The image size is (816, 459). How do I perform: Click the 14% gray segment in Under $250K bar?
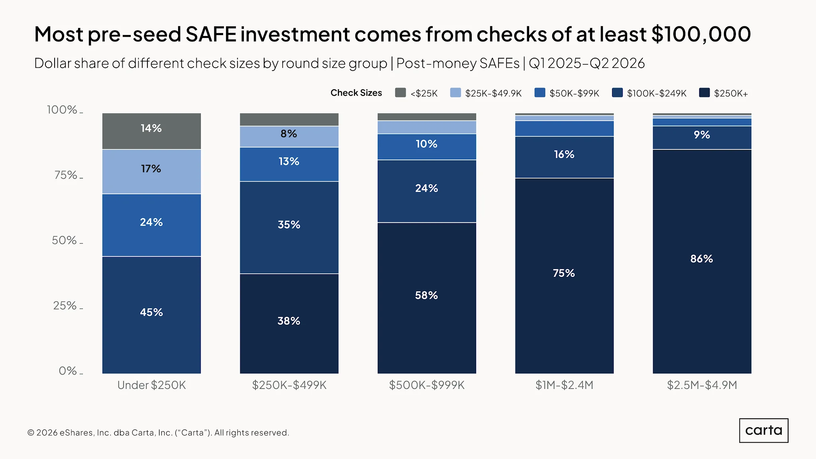click(x=151, y=131)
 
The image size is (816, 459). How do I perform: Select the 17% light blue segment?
click(x=151, y=172)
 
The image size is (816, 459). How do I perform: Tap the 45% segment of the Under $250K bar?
click(x=151, y=315)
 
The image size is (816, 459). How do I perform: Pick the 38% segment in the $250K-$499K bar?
click(x=289, y=324)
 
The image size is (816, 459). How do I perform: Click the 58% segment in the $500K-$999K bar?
click(x=427, y=298)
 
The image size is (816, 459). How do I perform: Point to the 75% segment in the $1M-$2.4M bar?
click(x=564, y=276)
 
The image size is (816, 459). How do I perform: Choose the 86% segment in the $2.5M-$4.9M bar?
click(x=702, y=261)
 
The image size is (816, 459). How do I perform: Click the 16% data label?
click(x=564, y=154)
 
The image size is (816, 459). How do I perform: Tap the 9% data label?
click(x=702, y=135)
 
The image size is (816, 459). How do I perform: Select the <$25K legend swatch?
click(x=400, y=92)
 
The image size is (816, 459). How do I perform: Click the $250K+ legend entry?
click(x=724, y=93)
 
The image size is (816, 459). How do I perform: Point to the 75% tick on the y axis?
click(x=81, y=178)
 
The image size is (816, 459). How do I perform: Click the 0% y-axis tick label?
click(x=68, y=371)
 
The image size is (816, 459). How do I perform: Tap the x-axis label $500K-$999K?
click(x=427, y=385)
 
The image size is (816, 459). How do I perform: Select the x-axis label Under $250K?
click(x=151, y=385)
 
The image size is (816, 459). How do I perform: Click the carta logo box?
click(x=763, y=430)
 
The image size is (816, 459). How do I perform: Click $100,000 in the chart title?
click(x=701, y=34)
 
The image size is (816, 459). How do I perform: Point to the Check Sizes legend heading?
click(x=356, y=93)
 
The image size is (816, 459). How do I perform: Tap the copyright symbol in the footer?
click(x=31, y=433)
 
